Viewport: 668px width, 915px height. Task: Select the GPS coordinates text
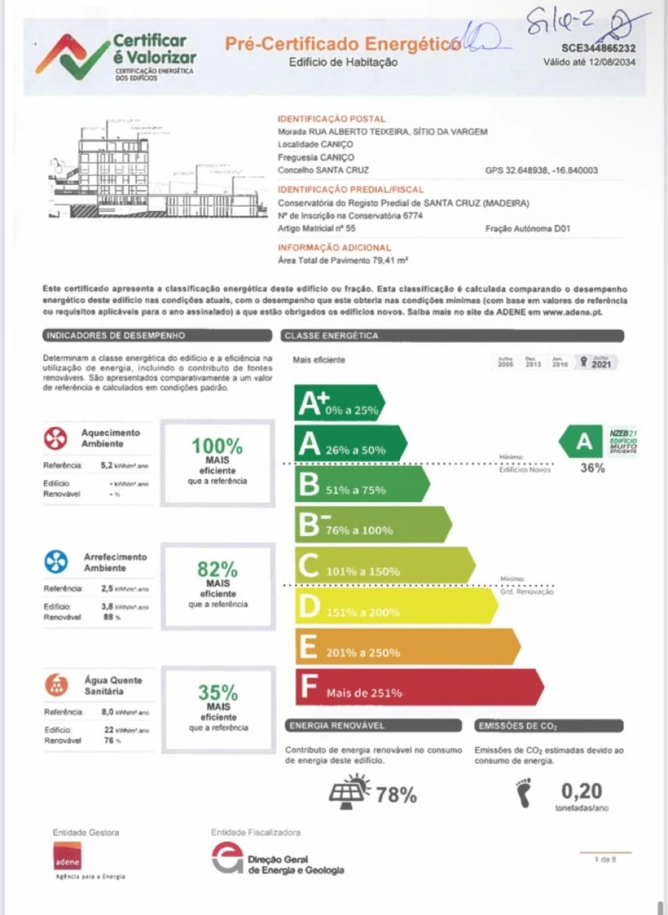(x=541, y=170)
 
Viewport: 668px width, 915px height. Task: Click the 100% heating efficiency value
(x=217, y=446)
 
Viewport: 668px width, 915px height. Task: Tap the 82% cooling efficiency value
(x=217, y=570)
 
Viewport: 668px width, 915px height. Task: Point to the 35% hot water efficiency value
(x=218, y=692)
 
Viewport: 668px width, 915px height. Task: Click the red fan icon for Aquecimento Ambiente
(x=56, y=440)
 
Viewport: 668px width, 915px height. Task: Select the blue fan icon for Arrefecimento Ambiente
(x=56, y=562)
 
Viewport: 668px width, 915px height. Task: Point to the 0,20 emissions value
(x=581, y=791)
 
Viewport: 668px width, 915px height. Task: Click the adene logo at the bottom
(x=67, y=857)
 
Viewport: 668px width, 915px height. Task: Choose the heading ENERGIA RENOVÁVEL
(x=337, y=726)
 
